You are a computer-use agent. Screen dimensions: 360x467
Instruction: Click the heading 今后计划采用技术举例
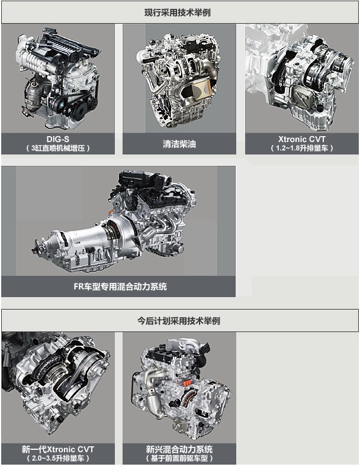point(178,321)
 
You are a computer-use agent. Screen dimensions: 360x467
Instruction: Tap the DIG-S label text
point(58,139)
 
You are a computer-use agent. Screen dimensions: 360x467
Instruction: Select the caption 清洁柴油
point(179,144)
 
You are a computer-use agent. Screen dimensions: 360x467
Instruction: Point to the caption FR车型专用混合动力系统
point(120,286)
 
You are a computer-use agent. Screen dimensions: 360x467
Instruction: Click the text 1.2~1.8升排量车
point(302,148)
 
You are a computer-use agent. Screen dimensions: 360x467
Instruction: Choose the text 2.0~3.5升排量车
point(58,458)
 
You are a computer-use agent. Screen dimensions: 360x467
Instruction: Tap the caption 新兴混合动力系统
point(179,449)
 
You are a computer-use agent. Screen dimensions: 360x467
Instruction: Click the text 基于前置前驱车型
point(179,458)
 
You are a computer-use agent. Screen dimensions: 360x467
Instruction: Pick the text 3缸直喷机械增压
point(58,148)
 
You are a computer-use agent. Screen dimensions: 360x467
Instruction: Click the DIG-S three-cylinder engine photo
point(58,78)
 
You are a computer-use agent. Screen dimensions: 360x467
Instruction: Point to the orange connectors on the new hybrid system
point(187,383)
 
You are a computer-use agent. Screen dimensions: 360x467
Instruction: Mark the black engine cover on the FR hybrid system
point(143,185)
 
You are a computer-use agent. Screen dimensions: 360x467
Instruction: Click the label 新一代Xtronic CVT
point(58,449)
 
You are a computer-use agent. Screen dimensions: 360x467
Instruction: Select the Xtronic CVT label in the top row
point(302,139)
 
